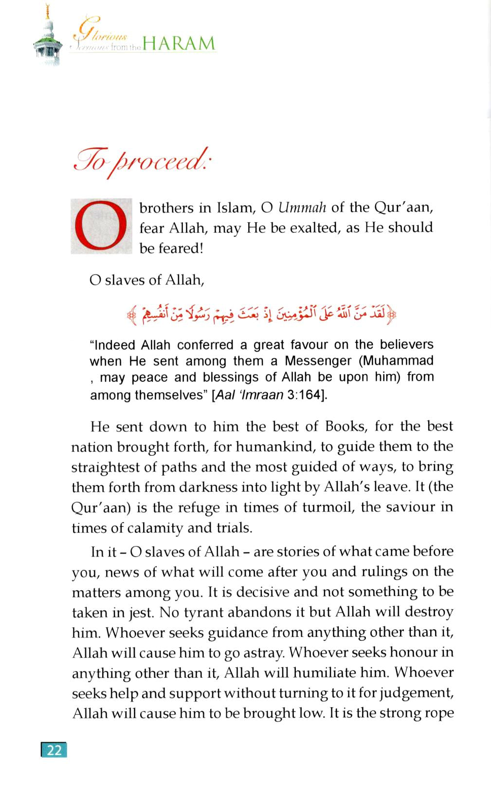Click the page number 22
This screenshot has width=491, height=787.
pos(54,750)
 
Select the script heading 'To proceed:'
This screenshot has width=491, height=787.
pos(141,161)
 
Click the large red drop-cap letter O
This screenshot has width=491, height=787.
pos(101,226)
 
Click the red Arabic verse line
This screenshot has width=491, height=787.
pos(261,315)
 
